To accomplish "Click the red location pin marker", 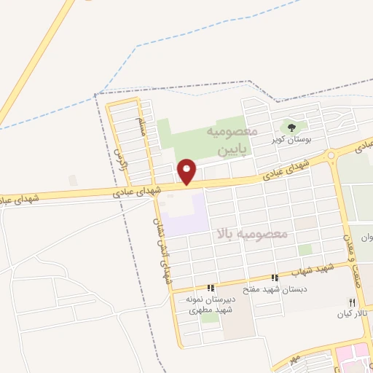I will click(187, 171).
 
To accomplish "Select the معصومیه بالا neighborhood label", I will click(252, 233).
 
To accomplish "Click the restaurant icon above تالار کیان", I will click(353, 302).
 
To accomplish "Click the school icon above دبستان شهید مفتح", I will click(275, 278).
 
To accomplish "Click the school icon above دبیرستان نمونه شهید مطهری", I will click(211, 288).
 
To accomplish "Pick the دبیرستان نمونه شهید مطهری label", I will click(211, 305).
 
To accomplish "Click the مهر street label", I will click(294, 360).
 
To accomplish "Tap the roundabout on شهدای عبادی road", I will click(332, 155).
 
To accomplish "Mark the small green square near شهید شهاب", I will click(305, 250).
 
